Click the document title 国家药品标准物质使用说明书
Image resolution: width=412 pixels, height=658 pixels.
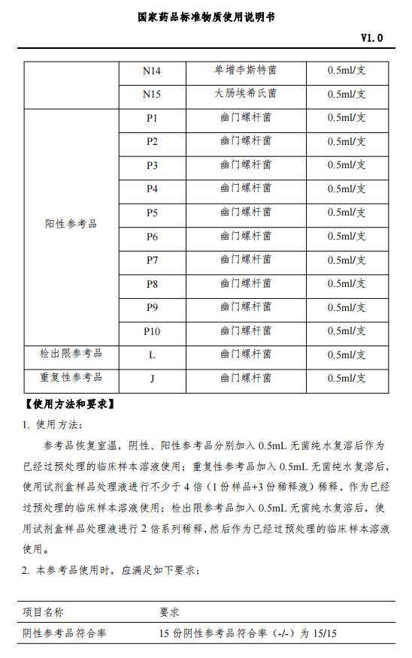click(206, 17)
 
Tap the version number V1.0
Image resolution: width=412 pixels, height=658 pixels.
click(371, 38)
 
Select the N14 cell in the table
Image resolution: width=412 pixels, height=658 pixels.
click(152, 71)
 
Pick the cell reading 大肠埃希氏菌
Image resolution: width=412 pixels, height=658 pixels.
click(245, 94)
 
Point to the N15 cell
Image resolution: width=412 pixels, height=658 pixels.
click(152, 95)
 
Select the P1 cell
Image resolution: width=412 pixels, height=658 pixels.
click(152, 118)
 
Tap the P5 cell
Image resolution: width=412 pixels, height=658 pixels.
click(152, 213)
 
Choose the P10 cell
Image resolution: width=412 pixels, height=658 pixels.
click(152, 331)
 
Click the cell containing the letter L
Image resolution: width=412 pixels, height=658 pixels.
click(152, 355)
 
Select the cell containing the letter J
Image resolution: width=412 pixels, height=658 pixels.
click(152, 379)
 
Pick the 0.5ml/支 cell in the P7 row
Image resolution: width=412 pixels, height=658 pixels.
click(347, 260)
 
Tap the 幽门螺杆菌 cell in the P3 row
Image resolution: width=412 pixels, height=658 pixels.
click(245, 164)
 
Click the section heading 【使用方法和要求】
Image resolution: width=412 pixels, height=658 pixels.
click(69, 405)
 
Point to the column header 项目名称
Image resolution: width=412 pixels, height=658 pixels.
click(43, 612)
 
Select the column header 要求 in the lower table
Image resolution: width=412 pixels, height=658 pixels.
click(169, 612)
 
